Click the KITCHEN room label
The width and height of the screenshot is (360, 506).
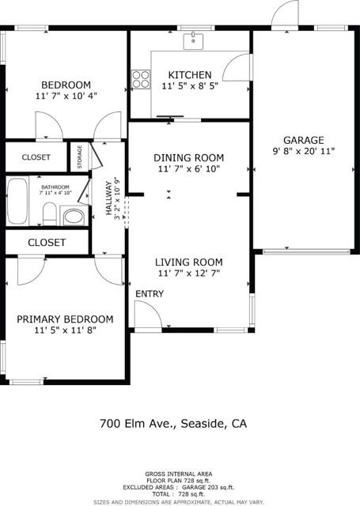point(189,74)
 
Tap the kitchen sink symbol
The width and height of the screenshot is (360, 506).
point(192,40)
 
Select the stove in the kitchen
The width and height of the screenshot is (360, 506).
point(141,79)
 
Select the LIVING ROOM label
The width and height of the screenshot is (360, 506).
point(188,262)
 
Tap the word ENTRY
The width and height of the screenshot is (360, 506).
point(149,293)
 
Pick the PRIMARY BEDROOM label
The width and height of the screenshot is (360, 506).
point(65,319)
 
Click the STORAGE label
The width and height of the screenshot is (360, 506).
point(79,157)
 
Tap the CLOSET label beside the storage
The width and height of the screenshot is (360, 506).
point(36,157)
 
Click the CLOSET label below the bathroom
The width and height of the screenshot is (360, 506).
point(47,243)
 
